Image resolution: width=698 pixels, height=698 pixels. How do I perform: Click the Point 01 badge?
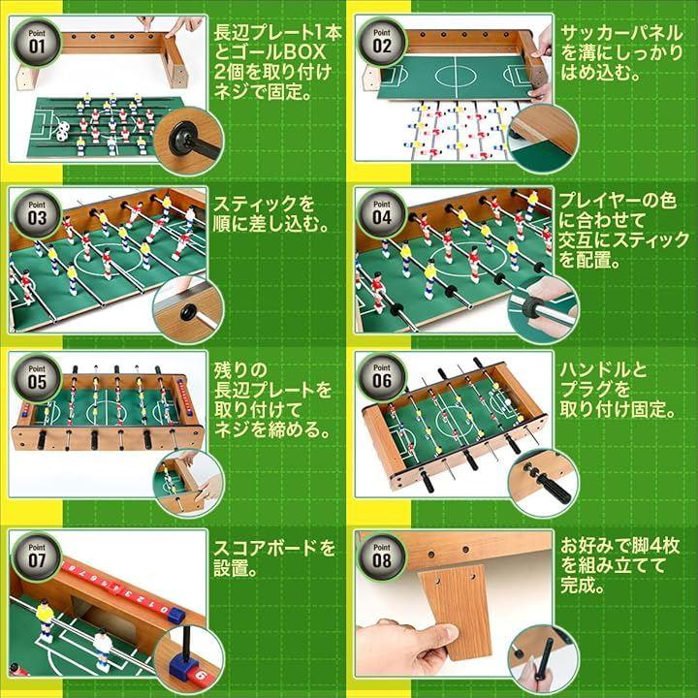click(37, 43)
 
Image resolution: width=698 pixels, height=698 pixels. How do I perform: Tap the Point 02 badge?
click(382, 43)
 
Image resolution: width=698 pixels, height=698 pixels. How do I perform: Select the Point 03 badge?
click(37, 214)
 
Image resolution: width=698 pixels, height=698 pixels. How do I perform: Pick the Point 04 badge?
click(382, 214)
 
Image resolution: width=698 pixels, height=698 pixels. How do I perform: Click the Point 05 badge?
click(37, 378)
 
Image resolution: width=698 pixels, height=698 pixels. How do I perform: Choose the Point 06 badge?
click(382, 377)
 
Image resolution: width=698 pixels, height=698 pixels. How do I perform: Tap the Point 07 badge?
click(37, 556)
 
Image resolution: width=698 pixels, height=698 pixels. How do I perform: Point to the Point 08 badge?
click(382, 556)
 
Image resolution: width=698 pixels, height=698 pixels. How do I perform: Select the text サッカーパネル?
click(621, 33)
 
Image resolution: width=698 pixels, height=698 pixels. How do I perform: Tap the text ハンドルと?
click(603, 369)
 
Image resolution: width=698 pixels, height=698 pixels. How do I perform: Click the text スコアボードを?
click(274, 548)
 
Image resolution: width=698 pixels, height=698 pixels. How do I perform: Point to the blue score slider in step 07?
click(175, 616)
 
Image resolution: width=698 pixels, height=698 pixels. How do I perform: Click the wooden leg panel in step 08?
click(455, 612)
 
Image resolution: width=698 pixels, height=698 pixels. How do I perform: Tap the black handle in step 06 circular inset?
click(553, 487)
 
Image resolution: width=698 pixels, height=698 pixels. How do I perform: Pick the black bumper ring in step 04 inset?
click(530, 307)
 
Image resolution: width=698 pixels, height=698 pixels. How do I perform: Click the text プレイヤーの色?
click(619, 201)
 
